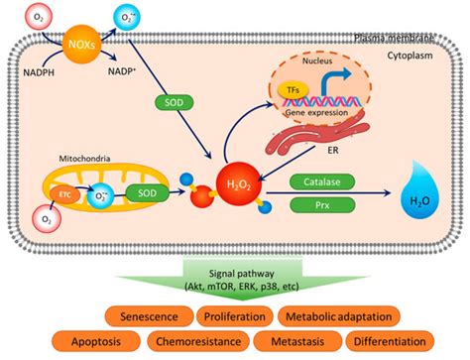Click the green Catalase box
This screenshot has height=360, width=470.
pyautogui.click(x=314, y=181)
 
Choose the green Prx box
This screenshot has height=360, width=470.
pyautogui.click(x=314, y=204)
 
